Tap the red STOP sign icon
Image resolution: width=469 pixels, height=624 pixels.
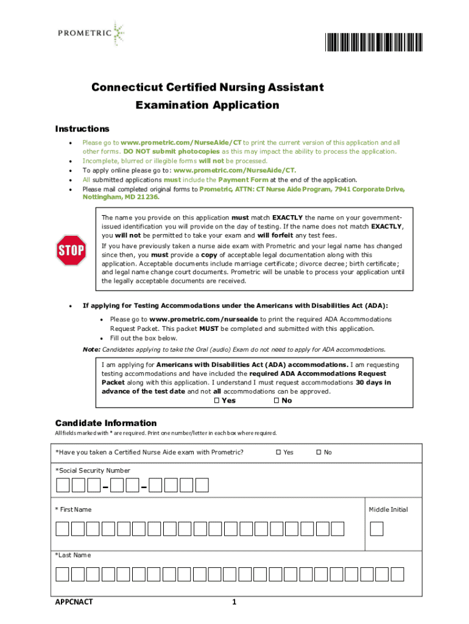pyautogui.click(x=71, y=250)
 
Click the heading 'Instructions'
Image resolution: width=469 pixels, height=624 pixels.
pyautogui.click(x=82, y=129)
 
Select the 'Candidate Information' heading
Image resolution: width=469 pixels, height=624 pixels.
pyautogui.click(x=105, y=423)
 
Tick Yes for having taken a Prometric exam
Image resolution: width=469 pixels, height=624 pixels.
pyautogui.click(x=278, y=452)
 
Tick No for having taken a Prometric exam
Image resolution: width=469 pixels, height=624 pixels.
pyautogui.click(x=318, y=452)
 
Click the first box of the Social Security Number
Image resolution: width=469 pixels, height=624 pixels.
pyautogui.click(x=63, y=485)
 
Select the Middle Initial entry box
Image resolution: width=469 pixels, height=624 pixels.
pyautogui.click(x=377, y=528)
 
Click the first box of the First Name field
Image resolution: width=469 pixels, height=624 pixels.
pyautogui.click(x=63, y=528)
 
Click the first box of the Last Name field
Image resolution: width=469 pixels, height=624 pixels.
pyautogui.click(x=63, y=574)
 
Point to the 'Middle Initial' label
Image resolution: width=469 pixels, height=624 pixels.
pyautogui.click(x=388, y=509)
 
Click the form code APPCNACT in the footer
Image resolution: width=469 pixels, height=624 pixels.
pyautogui.click(x=74, y=603)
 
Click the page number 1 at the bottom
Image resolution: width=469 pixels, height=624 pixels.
pyautogui.click(x=234, y=603)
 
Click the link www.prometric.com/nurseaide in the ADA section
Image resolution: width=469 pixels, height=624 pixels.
pyautogui.click(x=204, y=319)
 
